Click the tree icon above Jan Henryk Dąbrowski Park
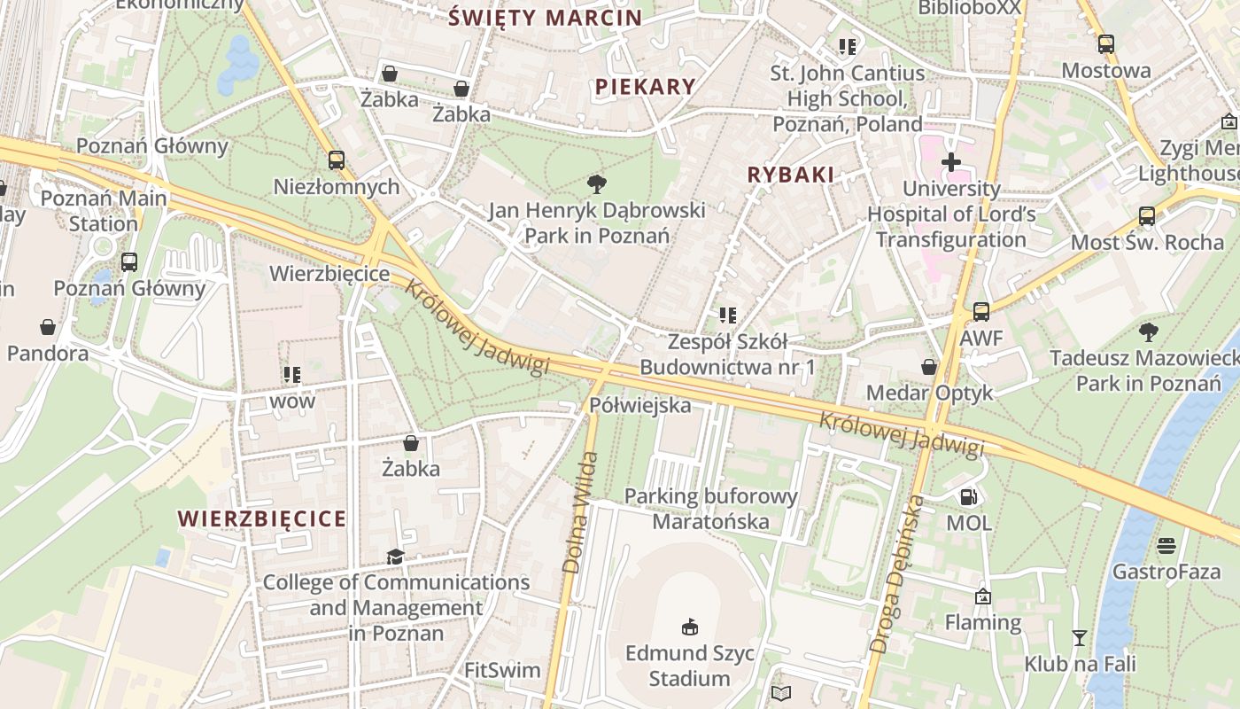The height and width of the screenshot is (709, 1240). coord(597,184)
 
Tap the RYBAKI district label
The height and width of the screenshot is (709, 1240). coord(790,175)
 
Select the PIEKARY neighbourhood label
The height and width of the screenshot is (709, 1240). coord(645,86)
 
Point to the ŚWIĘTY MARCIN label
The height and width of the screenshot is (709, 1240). coord(545,18)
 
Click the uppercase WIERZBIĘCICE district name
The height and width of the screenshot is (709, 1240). coord(262,518)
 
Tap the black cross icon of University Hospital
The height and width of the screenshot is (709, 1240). coord(951,162)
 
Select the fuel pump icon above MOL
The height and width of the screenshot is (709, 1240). coord(969,497)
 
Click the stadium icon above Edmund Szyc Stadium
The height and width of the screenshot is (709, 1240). coord(690,627)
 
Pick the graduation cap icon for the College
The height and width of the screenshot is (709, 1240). coord(395,557)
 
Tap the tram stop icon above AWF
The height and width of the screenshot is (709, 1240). coord(981,312)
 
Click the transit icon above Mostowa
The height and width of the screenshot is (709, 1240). coord(1106,44)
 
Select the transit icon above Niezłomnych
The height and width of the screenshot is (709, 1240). coord(337,160)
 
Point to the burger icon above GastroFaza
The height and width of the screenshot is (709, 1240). coord(1166,545)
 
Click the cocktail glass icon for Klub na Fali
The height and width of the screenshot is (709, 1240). coord(1079,637)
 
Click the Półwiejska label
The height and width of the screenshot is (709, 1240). coord(639,405)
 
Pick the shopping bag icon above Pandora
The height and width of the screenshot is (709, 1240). coord(48,327)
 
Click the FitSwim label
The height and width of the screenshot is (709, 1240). coord(502,670)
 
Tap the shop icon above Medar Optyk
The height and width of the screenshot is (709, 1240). coord(929,367)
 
